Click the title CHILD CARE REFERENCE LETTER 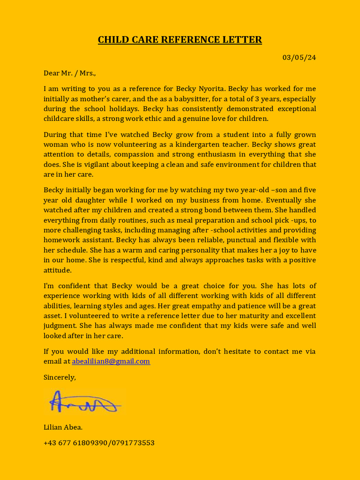click(x=180, y=40)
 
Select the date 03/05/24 click(x=299, y=58)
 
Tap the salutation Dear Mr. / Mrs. click(x=69, y=73)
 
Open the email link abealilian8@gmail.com click(x=111, y=361)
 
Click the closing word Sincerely click(x=60, y=377)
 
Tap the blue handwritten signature click(x=84, y=402)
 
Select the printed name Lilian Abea click(x=63, y=427)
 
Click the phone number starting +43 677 click(x=99, y=443)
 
